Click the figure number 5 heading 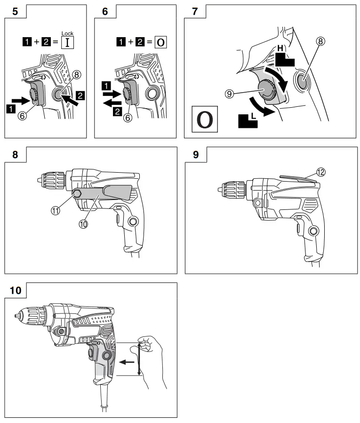[16, 12]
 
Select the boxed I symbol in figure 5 [68, 43]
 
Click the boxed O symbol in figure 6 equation [160, 42]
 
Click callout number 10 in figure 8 [83, 224]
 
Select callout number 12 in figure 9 [321, 172]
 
